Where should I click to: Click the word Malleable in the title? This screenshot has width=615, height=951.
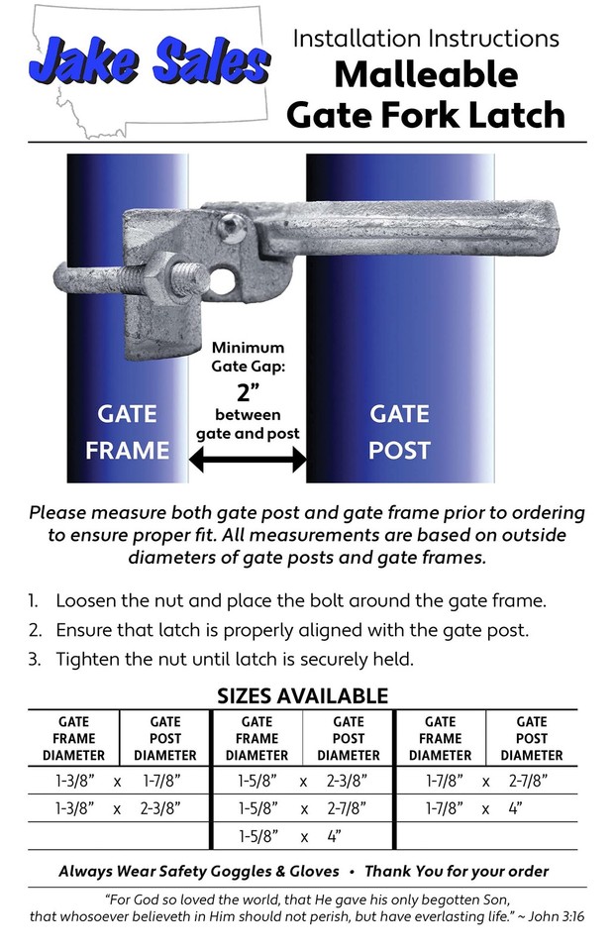coord(425,74)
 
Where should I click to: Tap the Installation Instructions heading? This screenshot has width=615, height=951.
coord(426,39)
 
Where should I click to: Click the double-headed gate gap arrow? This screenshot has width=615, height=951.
coord(248,459)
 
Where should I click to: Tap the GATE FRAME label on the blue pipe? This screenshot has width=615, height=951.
coord(127,432)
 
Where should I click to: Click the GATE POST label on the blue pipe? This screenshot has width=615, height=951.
coord(399,432)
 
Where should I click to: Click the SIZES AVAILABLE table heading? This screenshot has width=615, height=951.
coord(303,695)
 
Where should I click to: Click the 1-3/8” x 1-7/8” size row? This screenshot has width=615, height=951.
coord(119,781)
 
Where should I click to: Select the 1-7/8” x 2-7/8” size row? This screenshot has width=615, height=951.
coord(486,781)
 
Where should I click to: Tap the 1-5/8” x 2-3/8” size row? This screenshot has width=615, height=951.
coord(303,781)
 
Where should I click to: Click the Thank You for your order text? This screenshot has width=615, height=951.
coord(457,872)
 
